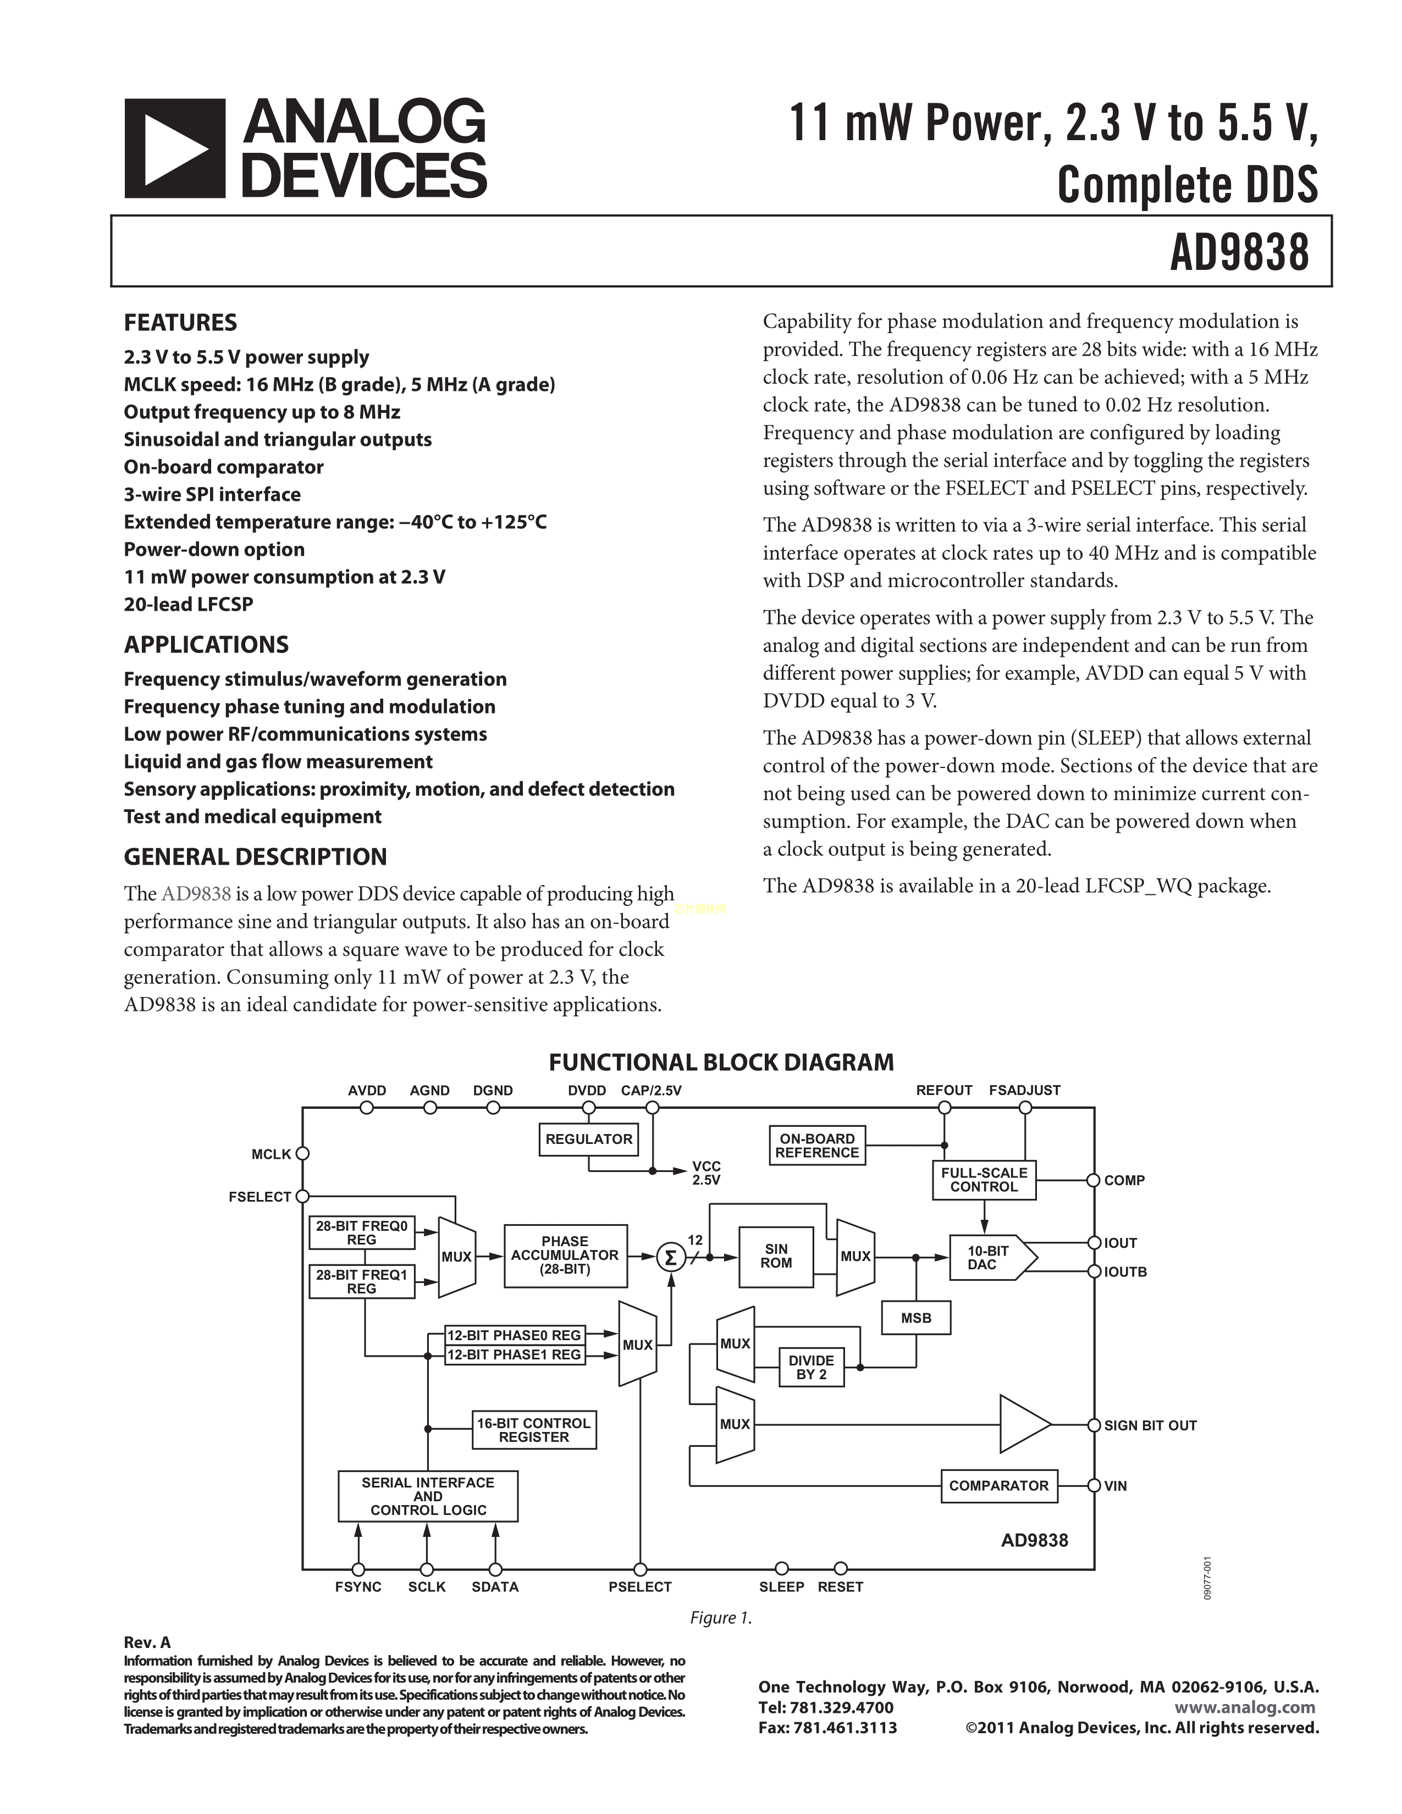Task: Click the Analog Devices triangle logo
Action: point(174,148)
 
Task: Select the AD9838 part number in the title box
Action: point(1239,252)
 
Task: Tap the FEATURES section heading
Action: point(180,322)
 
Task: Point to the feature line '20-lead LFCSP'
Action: point(189,605)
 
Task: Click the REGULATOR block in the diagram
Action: point(589,1139)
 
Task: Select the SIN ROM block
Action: point(776,1256)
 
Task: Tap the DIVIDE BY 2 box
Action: point(812,1367)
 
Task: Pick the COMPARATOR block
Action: point(998,1485)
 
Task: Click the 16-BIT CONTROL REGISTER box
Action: point(534,1429)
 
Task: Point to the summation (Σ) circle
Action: point(670,1258)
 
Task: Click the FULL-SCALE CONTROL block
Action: point(984,1180)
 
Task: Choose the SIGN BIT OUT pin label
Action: point(1150,1425)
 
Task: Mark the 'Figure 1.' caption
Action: point(721,1618)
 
